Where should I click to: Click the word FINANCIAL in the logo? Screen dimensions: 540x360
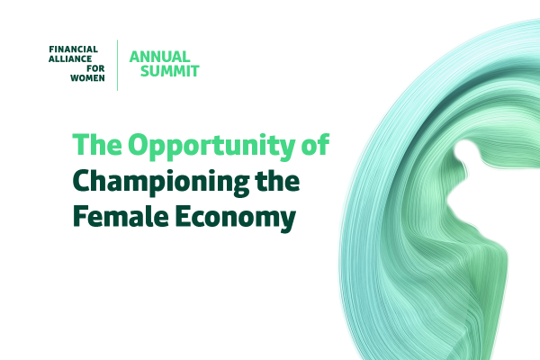[x=74, y=49]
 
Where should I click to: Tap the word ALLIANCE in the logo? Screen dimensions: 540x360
[x=70, y=58]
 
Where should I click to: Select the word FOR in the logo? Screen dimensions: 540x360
[x=95, y=68]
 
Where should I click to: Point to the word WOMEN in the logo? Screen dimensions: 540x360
[x=87, y=78]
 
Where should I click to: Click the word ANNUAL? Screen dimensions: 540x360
[x=160, y=57]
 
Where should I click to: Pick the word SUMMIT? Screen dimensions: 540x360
[x=170, y=71]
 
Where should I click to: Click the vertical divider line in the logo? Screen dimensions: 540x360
[x=117, y=66]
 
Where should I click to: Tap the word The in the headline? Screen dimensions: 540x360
[x=97, y=144]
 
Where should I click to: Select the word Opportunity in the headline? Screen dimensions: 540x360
[x=211, y=147]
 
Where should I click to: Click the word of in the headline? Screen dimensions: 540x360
[x=316, y=144]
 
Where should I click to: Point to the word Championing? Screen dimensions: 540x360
[x=161, y=184]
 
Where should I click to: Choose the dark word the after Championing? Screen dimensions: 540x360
[x=277, y=181]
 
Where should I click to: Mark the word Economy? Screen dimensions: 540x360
[x=236, y=219]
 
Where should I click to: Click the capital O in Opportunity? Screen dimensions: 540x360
[x=139, y=144]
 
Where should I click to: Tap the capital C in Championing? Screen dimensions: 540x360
[x=82, y=181]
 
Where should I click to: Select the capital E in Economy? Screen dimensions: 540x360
[x=182, y=216]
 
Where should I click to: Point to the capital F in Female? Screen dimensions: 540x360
[x=80, y=216]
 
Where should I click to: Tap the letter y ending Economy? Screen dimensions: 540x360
[x=288, y=222]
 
